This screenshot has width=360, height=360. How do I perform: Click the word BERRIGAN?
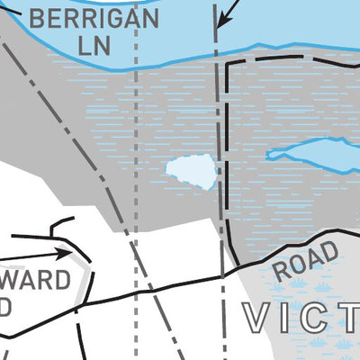[x=94, y=17]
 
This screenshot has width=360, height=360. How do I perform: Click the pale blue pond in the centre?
[x=192, y=171]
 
